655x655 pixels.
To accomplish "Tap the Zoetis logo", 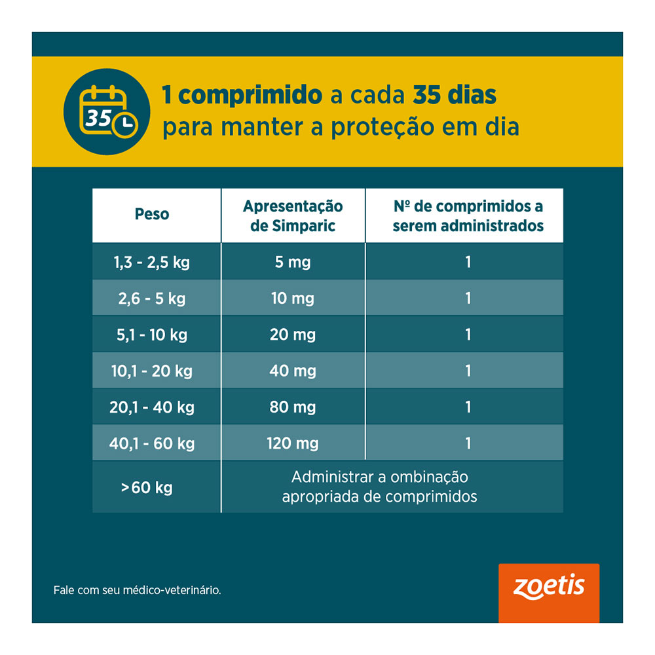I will pos(548,587).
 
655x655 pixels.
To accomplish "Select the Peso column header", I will pos(152,214).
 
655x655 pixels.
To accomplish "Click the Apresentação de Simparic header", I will pos(293,216).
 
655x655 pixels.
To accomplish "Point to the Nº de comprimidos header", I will pos(468,216).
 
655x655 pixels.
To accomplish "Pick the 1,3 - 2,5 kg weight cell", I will pos(151,263).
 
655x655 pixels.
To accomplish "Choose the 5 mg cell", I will pos(293,263).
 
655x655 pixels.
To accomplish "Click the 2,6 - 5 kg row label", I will pos(151,299).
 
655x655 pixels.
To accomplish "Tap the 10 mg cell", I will pos(293,299).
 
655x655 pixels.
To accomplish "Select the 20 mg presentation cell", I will pos(293,335).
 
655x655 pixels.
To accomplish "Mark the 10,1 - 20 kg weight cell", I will pos(151,371).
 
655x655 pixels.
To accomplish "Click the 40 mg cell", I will pos(293,371).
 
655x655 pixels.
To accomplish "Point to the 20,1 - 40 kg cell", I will pos(151,407).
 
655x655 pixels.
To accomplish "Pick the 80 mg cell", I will pos(293,407).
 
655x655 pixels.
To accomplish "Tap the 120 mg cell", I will pos(293,443).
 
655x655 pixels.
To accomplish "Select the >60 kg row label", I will pos(147,488).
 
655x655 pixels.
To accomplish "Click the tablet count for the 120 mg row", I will pos(468,443).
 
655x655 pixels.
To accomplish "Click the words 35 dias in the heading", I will pos(455,96).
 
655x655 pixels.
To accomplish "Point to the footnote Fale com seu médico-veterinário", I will pos(138,590).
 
